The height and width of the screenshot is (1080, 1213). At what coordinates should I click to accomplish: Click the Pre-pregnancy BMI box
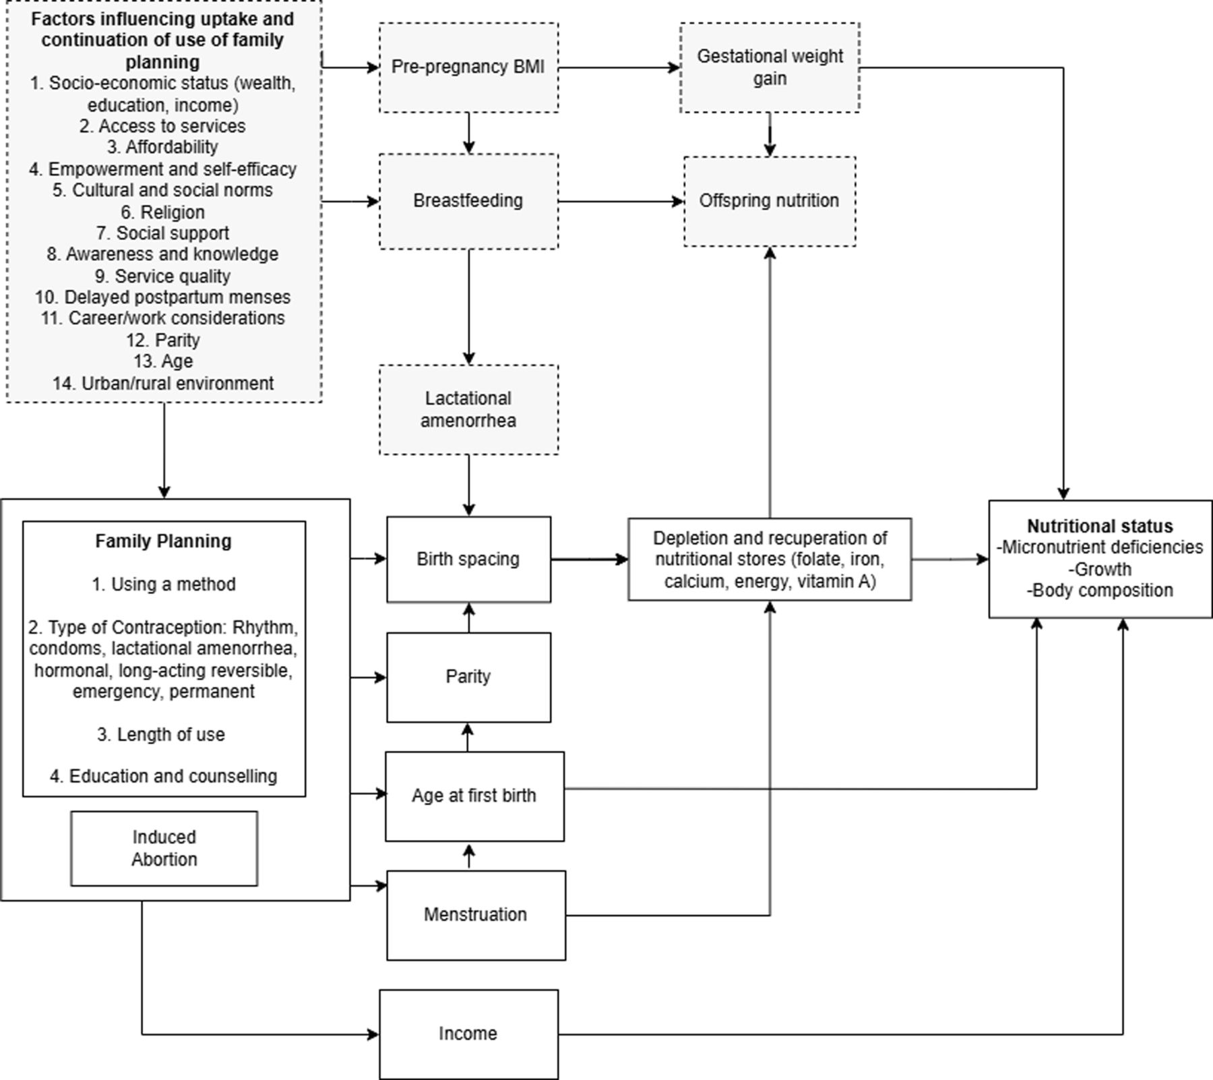(468, 67)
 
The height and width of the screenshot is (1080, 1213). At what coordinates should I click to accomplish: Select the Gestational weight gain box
(770, 67)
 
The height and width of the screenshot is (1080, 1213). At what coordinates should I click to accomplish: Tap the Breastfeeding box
(468, 201)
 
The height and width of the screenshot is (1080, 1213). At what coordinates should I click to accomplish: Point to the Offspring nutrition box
(770, 201)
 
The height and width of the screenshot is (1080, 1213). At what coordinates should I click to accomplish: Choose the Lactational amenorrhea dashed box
(468, 409)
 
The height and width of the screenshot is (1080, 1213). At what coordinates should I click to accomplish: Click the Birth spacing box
(468, 559)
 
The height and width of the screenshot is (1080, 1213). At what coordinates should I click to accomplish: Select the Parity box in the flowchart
(468, 677)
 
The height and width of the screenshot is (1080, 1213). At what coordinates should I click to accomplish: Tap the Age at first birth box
(474, 796)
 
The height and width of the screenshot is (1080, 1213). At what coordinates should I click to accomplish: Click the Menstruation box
(476, 915)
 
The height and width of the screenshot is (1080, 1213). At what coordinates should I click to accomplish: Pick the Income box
(468, 1033)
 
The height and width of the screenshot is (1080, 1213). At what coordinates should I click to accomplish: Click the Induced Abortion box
(164, 848)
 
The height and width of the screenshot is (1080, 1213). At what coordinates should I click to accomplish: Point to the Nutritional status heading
(1100, 527)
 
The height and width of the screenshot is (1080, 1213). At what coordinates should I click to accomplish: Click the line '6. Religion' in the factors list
(162, 212)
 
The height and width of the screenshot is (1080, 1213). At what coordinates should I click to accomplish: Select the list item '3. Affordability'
(162, 147)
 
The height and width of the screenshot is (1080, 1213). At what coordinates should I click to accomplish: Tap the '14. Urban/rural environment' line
(163, 384)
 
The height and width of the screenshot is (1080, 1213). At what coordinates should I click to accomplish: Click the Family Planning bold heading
(163, 541)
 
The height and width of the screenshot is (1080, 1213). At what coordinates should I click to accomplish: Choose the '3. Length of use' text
(161, 734)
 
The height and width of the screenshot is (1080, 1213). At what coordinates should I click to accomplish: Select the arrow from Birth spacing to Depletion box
(589, 559)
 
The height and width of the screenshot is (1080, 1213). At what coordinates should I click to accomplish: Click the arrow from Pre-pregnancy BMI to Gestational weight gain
(619, 67)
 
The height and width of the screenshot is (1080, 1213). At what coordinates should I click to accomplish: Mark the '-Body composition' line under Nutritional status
(1100, 591)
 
